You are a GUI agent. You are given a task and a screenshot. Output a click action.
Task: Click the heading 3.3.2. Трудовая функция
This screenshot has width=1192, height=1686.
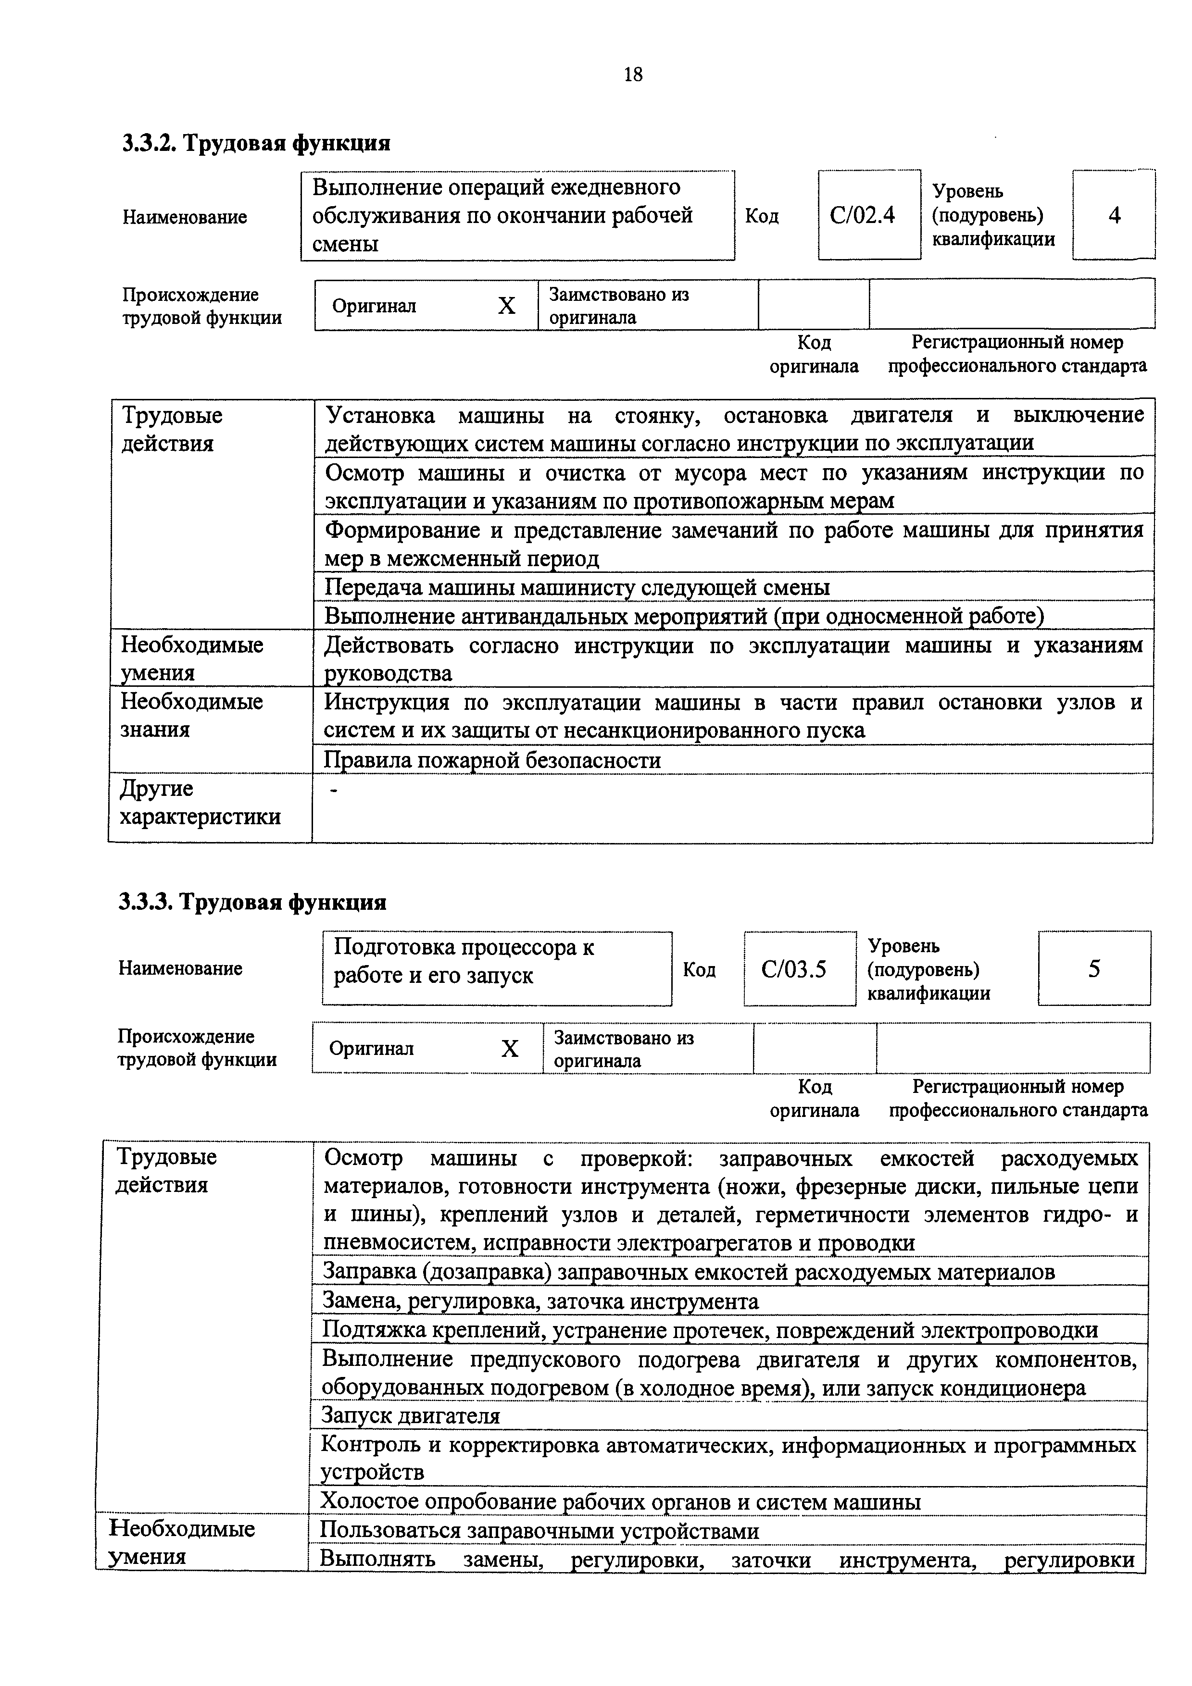pyautogui.click(x=256, y=142)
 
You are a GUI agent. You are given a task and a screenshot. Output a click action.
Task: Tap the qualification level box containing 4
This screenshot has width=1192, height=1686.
pyautogui.click(x=1114, y=215)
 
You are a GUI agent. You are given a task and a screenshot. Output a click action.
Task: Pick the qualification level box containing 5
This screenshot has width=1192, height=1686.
pyautogui.click(x=1093, y=968)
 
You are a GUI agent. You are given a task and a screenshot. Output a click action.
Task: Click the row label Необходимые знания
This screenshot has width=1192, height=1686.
pyautogui.click(x=192, y=715)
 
